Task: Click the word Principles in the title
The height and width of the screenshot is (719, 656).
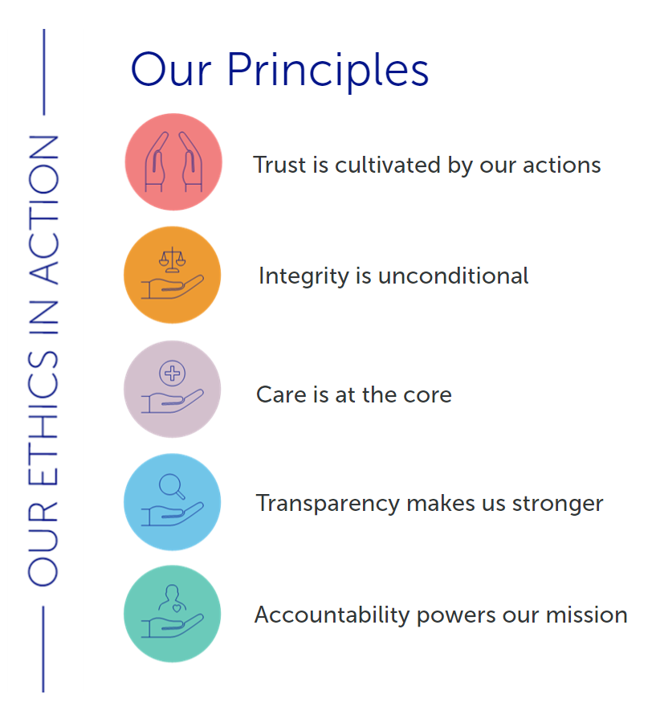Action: (328, 70)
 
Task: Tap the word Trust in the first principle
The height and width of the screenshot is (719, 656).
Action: (279, 165)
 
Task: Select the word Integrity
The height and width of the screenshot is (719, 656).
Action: (304, 276)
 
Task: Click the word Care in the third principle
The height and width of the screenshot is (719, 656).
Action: (281, 394)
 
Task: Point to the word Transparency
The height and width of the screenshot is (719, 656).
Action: (328, 504)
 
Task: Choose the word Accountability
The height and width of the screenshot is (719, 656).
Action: (332, 615)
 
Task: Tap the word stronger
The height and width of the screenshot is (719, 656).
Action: (557, 505)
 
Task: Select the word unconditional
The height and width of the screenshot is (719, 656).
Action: (454, 276)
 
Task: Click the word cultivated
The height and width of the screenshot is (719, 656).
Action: (388, 165)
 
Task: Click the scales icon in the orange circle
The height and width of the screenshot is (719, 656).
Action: (173, 259)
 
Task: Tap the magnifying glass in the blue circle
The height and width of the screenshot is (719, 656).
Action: (173, 486)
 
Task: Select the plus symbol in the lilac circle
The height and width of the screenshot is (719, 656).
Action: (173, 373)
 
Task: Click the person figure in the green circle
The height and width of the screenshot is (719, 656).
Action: (173, 598)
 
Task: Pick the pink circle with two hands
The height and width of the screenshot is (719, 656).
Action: (173, 161)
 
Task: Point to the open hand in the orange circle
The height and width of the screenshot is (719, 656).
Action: (173, 287)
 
